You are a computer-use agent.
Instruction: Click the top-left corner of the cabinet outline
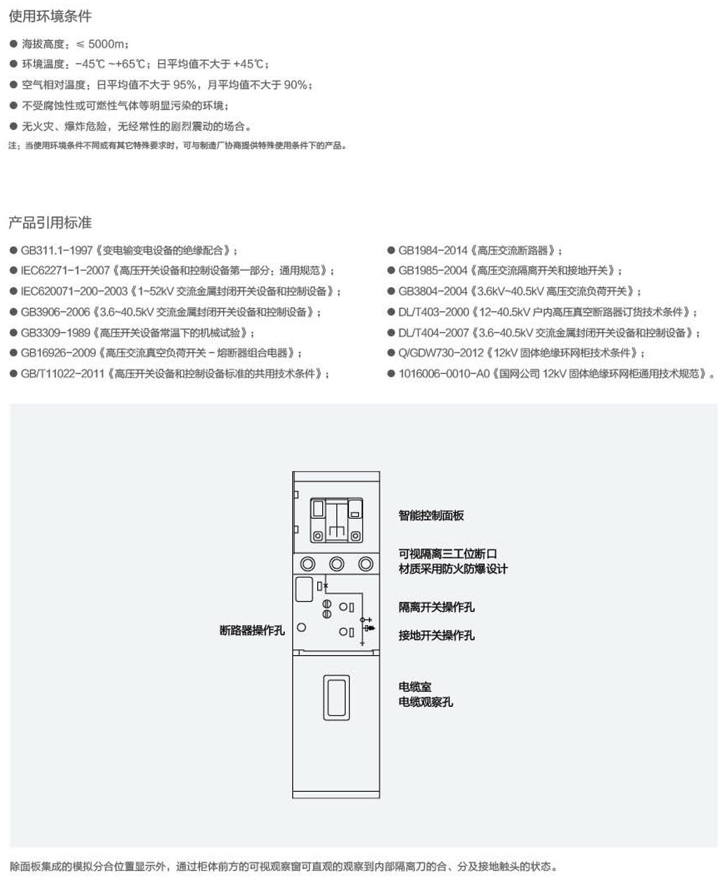293,472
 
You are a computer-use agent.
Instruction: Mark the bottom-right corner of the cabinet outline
380,798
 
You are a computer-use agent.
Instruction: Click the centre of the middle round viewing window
337,564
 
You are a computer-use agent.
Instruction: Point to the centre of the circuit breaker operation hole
302,628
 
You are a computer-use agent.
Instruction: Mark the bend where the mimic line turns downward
362,594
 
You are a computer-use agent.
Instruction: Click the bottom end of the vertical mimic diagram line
362,645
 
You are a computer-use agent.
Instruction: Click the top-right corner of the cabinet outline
380,472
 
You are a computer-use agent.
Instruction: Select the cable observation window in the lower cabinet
336,698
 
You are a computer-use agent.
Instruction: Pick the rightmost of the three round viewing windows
366,564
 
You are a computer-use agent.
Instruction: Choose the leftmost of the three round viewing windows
308,564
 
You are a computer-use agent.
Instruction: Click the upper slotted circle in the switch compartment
327,604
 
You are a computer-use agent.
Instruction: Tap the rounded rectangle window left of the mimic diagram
304,590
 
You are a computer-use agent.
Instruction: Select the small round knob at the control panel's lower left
318,536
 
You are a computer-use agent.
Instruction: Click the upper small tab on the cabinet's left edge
296,495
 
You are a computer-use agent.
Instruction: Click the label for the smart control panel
431,516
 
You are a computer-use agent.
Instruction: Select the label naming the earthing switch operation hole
437,635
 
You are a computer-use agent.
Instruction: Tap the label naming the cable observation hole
426,702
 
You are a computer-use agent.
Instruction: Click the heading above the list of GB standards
50,223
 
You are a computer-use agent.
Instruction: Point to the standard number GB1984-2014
433,251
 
